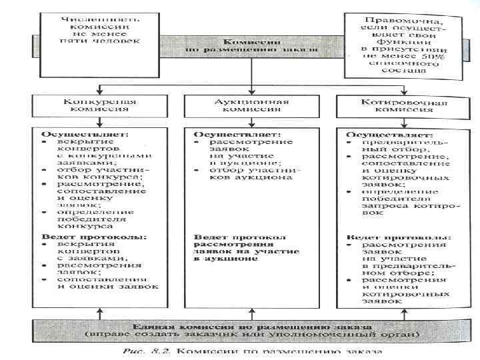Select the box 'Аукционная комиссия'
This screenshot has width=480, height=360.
[251, 107]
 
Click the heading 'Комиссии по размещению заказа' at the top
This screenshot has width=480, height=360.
[251, 45]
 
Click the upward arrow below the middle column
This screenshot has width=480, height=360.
[251, 311]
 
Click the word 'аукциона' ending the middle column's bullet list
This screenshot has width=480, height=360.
[270, 178]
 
